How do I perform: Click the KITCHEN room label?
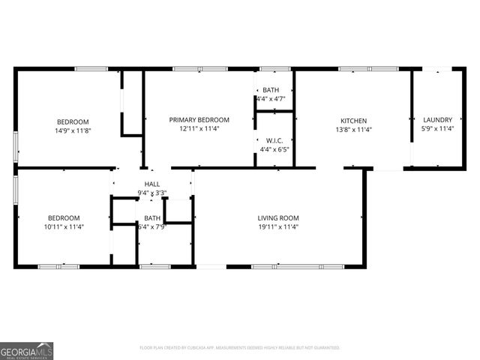pyautogui.click(x=354, y=120)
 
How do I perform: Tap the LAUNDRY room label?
pyautogui.click(x=437, y=120)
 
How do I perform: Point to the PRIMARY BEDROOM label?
pyautogui.click(x=199, y=120)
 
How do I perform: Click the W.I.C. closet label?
pyautogui.click(x=274, y=140)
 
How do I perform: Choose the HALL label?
pyautogui.click(x=152, y=184)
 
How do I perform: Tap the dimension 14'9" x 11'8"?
pyautogui.click(x=73, y=130)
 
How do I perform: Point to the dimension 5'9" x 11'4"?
pyautogui.click(x=437, y=129)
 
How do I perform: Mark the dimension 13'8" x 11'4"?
pyautogui.click(x=354, y=129)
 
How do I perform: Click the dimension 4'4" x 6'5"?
pyautogui.click(x=274, y=149)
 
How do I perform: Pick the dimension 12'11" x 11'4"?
pyautogui.click(x=199, y=129)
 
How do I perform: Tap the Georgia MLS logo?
pyautogui.click(x=26, y=350)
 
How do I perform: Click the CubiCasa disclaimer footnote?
pyautogui.click(x=240, y=348)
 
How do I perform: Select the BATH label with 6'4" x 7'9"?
pyautogui.click(x=152, y=218)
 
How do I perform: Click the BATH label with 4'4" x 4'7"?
pyautogui.click(x=271, y=90)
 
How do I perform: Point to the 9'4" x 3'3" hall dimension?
pyautogui.click(x=152, y=193)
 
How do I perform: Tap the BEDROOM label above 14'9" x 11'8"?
pyautogui.click(x=73, y=121)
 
